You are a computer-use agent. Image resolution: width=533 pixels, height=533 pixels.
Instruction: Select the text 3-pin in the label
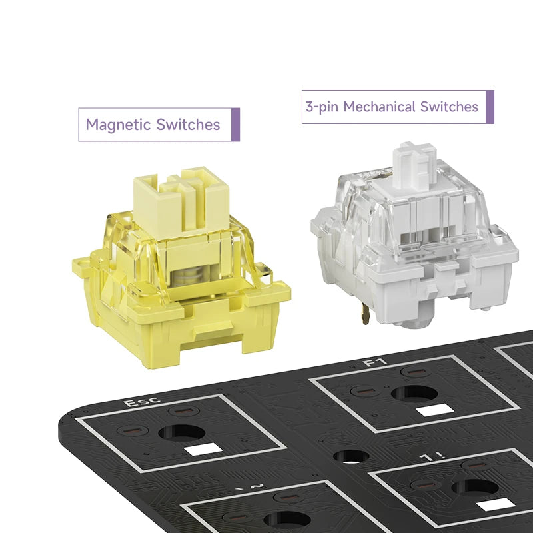click(322, 107)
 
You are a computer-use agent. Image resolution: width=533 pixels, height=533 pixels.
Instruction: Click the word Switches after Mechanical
click(449, 107)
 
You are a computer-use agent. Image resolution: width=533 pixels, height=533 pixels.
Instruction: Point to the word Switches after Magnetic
click(188, 125)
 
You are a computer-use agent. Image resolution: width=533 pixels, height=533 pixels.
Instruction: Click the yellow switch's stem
click(181, 203)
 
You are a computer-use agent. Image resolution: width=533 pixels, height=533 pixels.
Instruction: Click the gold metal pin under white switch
click(365, 312)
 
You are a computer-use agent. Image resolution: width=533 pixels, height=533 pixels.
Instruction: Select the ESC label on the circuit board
click(141, 402)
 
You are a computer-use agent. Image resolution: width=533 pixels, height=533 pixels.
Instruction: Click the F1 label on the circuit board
click(375, 362)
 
